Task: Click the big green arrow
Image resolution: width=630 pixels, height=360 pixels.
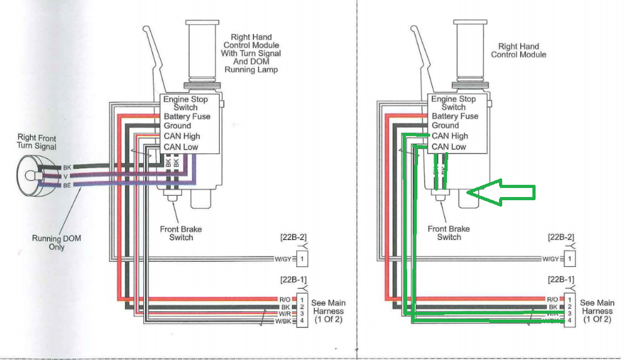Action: [501, 193]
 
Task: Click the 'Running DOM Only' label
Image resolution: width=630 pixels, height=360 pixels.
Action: [57, 243]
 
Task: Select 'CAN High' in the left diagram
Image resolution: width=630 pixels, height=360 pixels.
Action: [182, 136]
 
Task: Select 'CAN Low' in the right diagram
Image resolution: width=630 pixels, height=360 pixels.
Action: [449, 147]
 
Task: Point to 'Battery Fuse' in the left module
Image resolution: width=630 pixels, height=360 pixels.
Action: [187, 117]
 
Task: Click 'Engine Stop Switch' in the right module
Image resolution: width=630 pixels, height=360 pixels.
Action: [453, 103]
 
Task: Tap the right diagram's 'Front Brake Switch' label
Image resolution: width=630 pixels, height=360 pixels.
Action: [449, 233]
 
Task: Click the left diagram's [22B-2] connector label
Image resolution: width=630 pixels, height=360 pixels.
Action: [292, 237]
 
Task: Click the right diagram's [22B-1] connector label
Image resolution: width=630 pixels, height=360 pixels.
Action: [560, 280]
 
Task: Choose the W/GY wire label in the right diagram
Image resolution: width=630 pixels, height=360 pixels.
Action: [550, 259]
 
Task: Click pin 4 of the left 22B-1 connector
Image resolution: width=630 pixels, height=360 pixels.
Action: [301, 321]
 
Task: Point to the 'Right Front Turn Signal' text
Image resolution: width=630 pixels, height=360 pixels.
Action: [37, 142]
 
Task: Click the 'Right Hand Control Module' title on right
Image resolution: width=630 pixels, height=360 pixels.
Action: [518, 51]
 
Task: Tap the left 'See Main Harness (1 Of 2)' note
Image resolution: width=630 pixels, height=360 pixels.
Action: [329, 311]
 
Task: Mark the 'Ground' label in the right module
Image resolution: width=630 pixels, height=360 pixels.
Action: [445, 126]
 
